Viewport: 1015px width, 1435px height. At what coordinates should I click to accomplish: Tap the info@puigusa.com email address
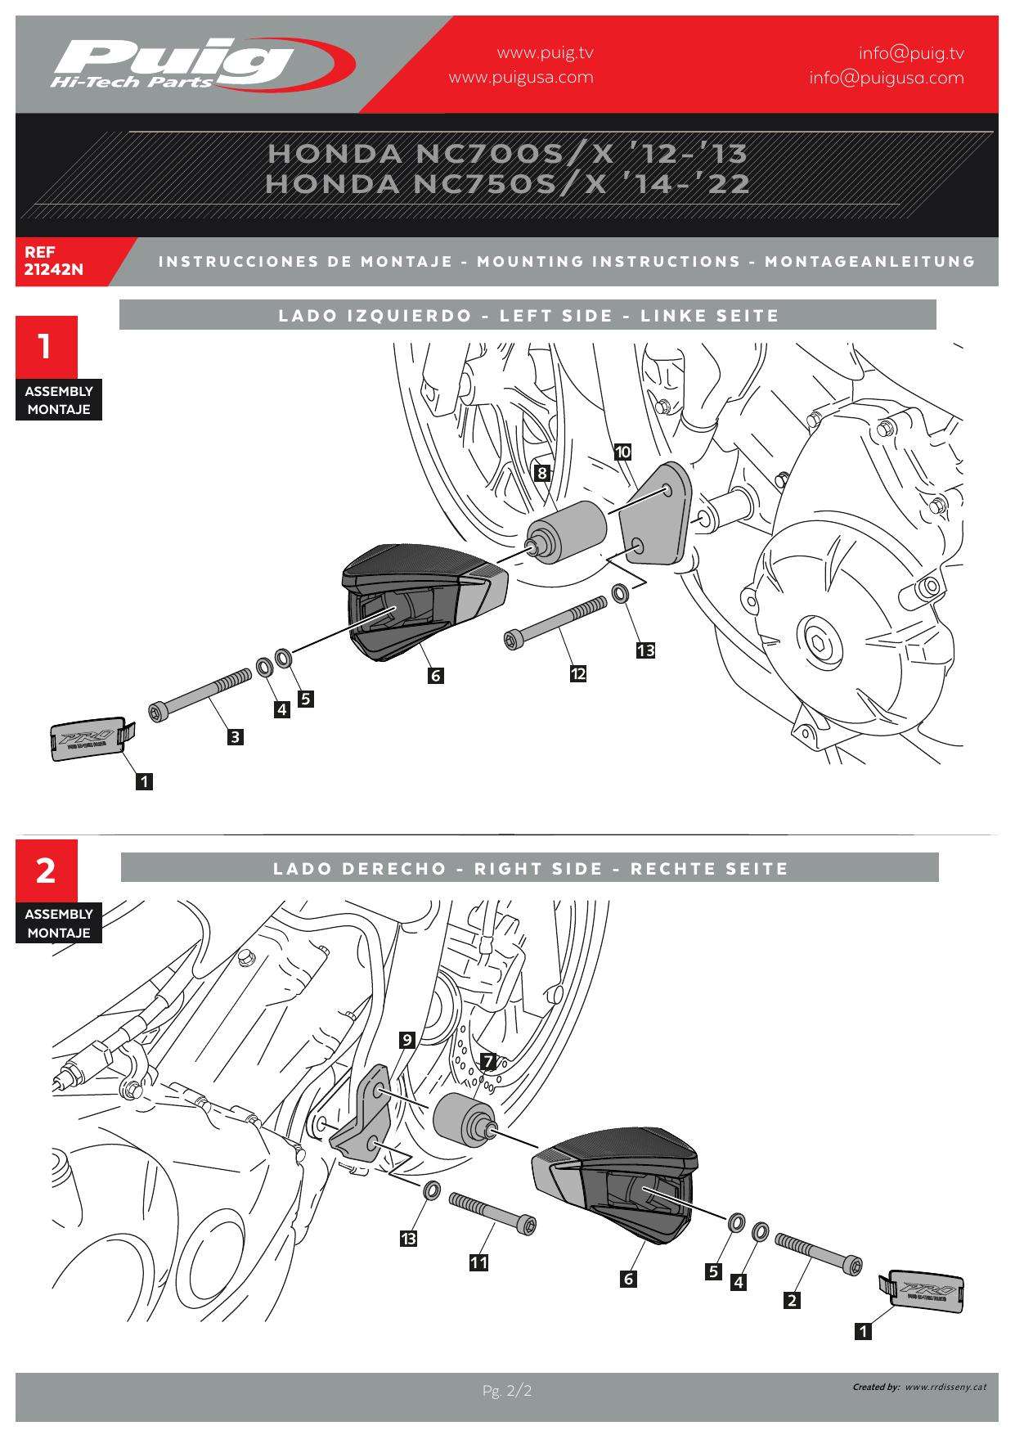pos(886,78)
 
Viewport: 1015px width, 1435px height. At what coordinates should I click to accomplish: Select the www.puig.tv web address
pos(545,53)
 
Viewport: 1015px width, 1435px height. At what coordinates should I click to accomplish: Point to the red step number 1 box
pos(46,347)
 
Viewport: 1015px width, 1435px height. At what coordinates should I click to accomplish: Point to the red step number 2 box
pos(46,870)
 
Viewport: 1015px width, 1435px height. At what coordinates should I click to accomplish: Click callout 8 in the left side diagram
pos(541,472)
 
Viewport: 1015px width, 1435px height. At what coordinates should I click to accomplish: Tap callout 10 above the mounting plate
pos(622,452)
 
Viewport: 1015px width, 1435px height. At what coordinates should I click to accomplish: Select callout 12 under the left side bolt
pos(578,673)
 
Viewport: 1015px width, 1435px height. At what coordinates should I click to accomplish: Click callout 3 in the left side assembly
pos(235,736)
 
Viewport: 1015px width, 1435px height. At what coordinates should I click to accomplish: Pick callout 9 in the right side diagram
pos(406,1041)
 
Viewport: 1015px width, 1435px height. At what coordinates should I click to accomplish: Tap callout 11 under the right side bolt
pos(478,1262)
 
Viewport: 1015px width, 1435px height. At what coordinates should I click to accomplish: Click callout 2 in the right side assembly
pos(792,1299)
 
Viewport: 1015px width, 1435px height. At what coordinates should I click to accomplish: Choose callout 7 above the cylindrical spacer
pos(488,1062)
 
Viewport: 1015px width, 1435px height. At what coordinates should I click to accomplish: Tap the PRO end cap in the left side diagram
pos(87,741)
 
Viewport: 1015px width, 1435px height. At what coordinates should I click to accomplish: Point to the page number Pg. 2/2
pos(507,1391)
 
